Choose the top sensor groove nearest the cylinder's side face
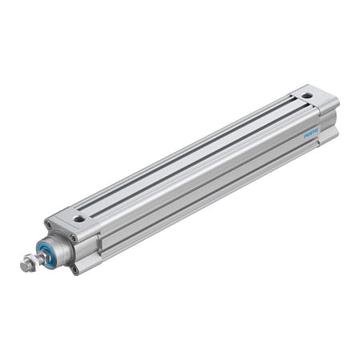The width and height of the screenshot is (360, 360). pyautogui.click(x=200, y=161)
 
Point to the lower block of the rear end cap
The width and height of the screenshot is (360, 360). pyautogui.click(x=326, y=133)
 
